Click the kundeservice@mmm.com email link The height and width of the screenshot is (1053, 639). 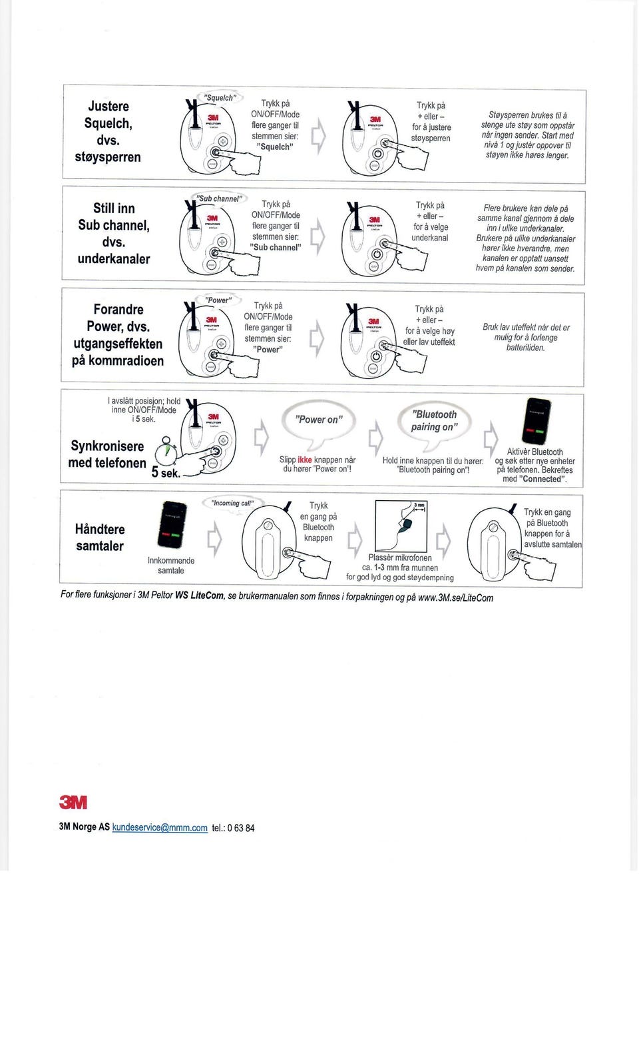click(x=160, y=828)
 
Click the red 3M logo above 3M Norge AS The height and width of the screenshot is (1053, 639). click(x=73, y=803)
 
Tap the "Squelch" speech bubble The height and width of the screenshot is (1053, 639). click(x=219, y=98)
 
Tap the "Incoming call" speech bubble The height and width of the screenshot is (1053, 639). click(x=232, y=504)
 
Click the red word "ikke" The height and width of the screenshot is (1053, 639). click(x=304, y=460)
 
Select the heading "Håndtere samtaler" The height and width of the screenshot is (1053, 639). click(x=100, y=537)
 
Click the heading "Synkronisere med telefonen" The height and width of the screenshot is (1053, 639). click(x=107, y=454)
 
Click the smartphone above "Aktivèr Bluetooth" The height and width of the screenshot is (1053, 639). click(x=537, y=421)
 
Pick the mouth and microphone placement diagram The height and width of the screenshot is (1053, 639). click(x=401, y=526)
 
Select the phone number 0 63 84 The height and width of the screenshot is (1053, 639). click(x=240, y=828)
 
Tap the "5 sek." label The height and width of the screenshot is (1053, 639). click(x=165, y=472)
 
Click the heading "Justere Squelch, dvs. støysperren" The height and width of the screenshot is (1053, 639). click(x=108, y=131)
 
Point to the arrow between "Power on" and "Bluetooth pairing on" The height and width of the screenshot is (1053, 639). click(x=376, y=438)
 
